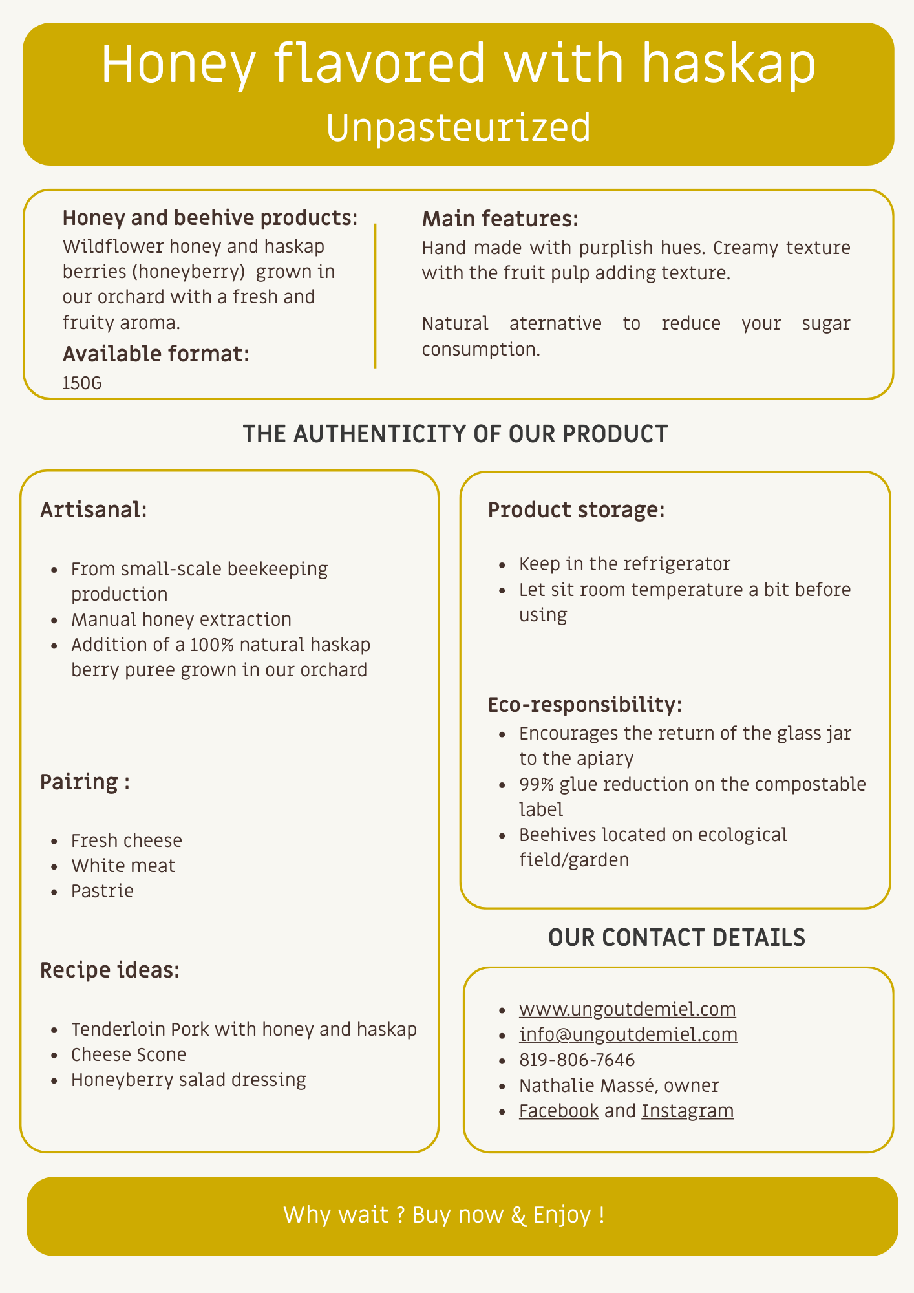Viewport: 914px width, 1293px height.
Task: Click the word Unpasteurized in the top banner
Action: click(x=458, y=127)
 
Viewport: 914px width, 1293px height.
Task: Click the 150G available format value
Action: click(x=82, y=383)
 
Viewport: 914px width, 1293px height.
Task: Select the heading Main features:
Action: click(x=500, y=219)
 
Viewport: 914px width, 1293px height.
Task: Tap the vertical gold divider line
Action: click(x=375, y=295)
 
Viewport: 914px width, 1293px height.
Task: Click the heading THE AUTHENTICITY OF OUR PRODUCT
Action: click(x=455, y=434)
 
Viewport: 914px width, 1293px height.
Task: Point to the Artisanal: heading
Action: click(x=94, y=510)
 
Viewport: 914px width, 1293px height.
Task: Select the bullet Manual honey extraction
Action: click(x=181, y=619)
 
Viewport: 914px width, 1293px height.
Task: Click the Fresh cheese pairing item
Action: click(x=127, y=840)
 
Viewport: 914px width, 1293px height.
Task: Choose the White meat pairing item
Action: click(x=123, y=866)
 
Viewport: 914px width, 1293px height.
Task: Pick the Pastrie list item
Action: click(x=102, y=891)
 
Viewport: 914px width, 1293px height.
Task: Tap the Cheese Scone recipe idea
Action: click(x=129, y=1054)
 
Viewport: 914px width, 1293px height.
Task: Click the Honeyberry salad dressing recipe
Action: click(x=189, y=1080)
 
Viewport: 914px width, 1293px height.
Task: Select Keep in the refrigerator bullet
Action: click(x=624, y=564)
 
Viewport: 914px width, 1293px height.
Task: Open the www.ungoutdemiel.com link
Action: click(x=627, y=1009)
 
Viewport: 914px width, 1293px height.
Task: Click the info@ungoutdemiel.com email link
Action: click(x=628, y=1034)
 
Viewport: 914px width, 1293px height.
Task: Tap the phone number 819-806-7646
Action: click(x=577, y=1060)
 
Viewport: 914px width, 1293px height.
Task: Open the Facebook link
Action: click(x=558, y=1111)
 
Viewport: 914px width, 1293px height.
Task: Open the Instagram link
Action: click(x=687, y=1111)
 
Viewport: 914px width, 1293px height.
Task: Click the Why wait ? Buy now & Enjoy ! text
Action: click(x=444, y=1215)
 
